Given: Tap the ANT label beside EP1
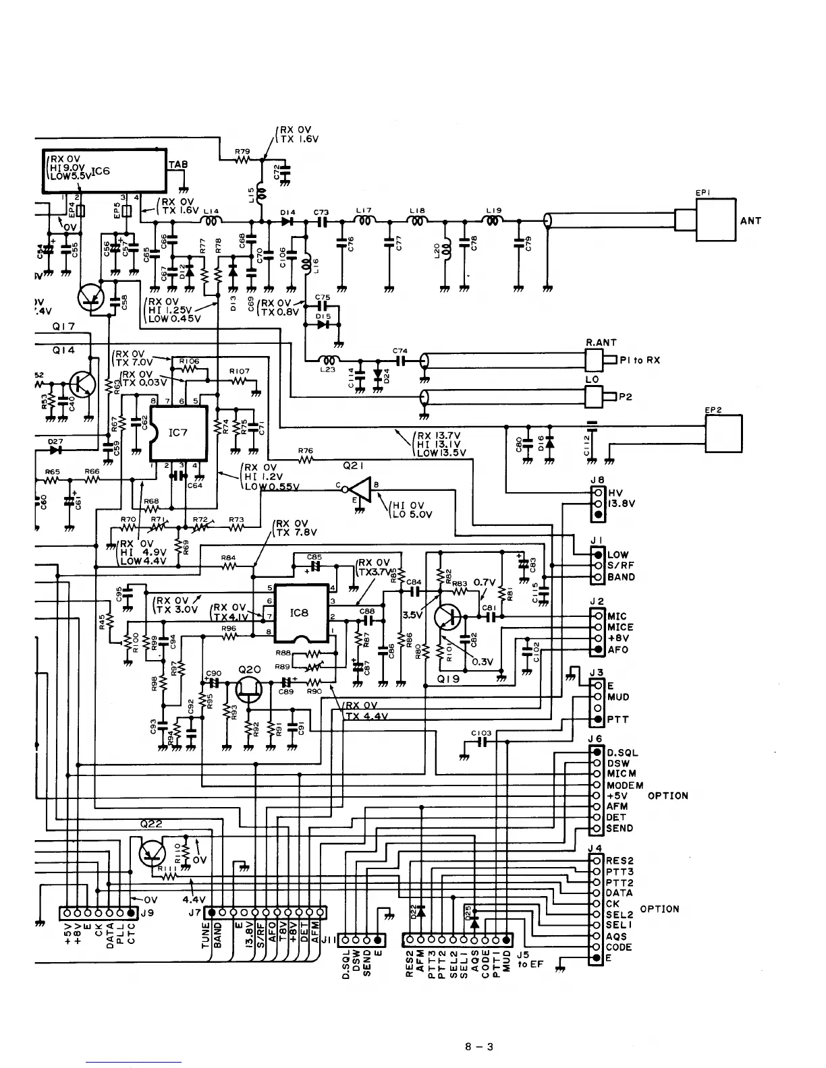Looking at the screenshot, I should (750, 220).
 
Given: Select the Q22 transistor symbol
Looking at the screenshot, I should (150, 853).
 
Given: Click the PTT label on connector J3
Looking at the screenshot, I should (617, 719).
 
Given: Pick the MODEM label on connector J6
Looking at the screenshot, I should (625, 785).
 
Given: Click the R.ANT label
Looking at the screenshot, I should (601, 343).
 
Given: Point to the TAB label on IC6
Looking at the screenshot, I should (178, 165).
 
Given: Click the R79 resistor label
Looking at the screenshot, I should (242, 151).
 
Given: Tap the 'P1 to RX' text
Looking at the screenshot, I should (640, 360).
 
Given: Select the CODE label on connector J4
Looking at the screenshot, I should (619, 947).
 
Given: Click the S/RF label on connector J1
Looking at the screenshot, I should (621, 566).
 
